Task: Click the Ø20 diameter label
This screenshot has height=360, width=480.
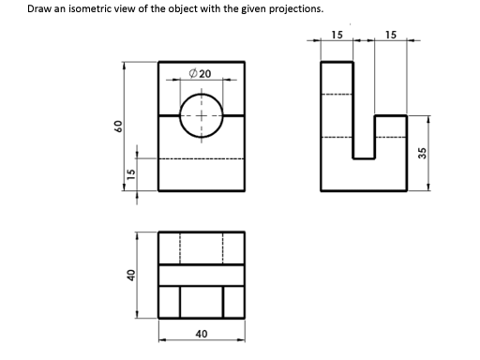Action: tap(201, 73)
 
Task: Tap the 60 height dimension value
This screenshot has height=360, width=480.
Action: tap(119, 127)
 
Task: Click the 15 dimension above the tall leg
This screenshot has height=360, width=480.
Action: tap(337, 36)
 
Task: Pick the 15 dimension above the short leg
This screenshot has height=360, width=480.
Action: tap(391, 36)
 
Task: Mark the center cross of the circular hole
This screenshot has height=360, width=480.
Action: tap(201, 115)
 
